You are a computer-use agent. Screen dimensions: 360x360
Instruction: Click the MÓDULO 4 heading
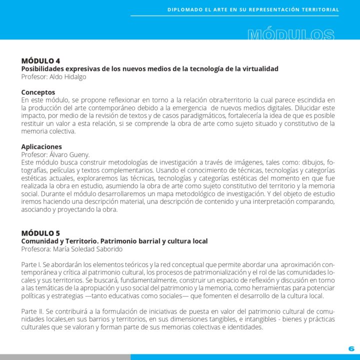click(40, 61)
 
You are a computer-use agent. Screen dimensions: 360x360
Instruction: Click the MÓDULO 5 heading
click(40, 233)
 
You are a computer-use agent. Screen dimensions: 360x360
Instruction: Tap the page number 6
click(351, 348)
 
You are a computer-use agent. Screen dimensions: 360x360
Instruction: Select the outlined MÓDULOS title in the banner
click(291, 35)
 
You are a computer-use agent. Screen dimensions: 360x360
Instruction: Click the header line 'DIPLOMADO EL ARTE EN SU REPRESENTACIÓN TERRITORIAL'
click(253, 9)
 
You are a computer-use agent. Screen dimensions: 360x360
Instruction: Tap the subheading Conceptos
click(38, 92)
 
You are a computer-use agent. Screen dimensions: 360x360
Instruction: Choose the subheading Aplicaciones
click(41, 147)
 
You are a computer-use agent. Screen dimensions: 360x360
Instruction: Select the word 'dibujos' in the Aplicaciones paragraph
click(310, 162)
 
